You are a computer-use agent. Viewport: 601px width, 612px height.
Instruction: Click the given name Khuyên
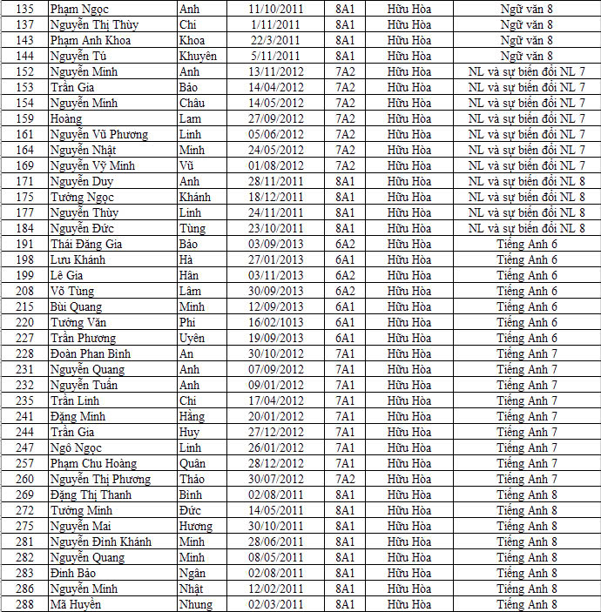pos(198,56)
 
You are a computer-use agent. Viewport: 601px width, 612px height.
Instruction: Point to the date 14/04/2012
pos(275,87)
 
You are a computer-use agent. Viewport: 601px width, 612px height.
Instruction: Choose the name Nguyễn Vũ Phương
pos(98,134)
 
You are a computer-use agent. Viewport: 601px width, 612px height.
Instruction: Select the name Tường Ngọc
pos(82,197)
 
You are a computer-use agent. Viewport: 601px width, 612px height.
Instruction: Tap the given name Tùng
pos(192,228)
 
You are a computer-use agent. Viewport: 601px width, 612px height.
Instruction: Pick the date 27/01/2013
pos(275,259)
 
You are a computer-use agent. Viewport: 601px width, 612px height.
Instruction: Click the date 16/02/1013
pos(275,322)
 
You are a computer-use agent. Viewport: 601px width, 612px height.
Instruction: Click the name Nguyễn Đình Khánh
pos(100,541)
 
